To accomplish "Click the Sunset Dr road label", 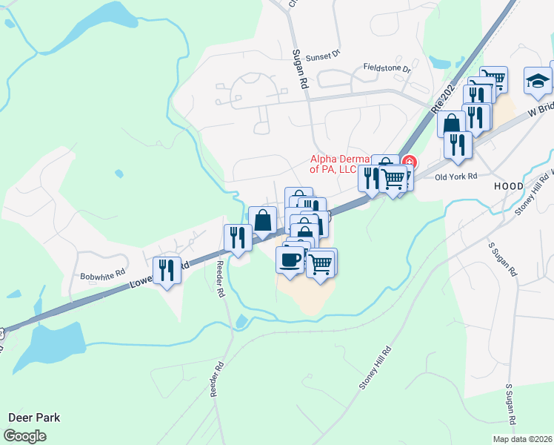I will pos(324,54).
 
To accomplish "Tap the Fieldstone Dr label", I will pos(387,67).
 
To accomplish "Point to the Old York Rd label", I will pos(456,177).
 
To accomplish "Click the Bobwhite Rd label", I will pos(102,276).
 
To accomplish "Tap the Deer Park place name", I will pos(33,418).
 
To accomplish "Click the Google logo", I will pos(24,436).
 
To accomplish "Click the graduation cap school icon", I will pos(538,81).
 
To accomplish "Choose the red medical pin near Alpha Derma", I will pos(410,162).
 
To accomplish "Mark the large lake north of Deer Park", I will pos(48,343).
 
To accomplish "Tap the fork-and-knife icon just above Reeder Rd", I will pos(237,238).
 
